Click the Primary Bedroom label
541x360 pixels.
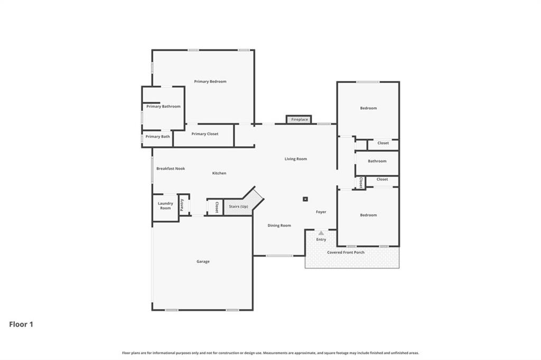point(210,81)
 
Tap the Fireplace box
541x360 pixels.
point(299,119)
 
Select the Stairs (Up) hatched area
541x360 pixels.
point(238,206)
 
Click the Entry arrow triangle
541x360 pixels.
point(321,233)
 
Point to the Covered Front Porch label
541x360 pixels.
point(346,252)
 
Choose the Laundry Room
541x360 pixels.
point(165,205)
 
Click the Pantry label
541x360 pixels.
point(182,205)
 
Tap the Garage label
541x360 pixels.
point(203,261)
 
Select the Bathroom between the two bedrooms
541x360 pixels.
point(377,161)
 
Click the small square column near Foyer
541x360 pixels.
point(305,199)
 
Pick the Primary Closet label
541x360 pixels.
point(204,134)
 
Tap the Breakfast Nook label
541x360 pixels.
point(170,168)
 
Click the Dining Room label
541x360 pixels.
point(279,225)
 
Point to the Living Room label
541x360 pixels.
point(295,159)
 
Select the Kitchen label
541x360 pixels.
point(219,173)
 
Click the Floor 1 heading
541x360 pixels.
point(21,324)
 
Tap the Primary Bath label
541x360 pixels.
point(158,137)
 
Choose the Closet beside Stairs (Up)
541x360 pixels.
point(217,206)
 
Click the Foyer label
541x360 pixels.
point(321,212)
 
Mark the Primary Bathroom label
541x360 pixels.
point(163,106)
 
